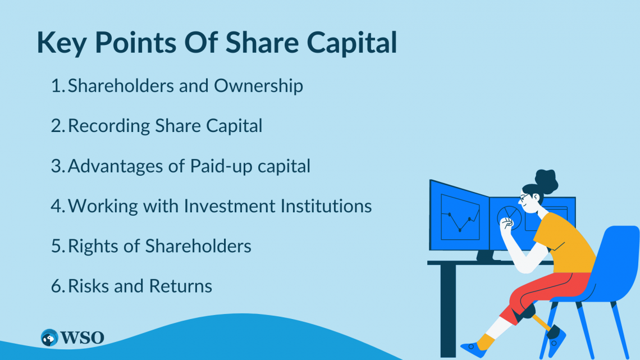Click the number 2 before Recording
(56, 126)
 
